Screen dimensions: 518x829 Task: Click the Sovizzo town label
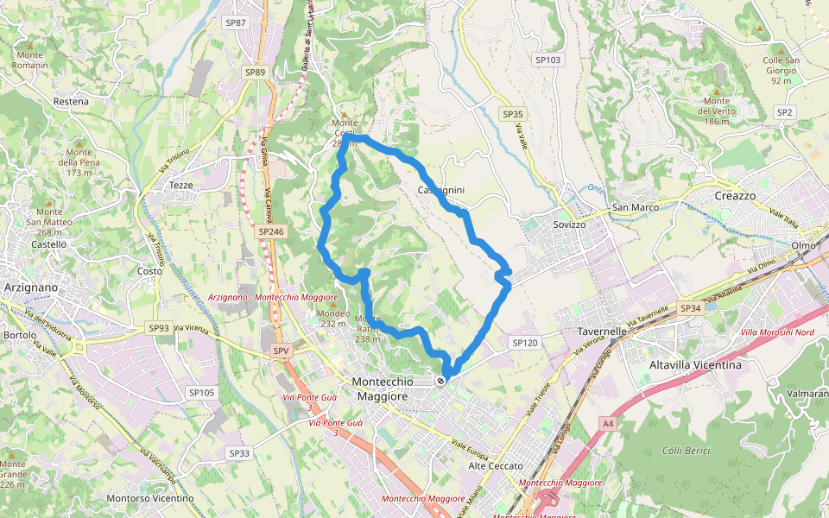570,224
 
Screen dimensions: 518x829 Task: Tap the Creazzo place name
735,196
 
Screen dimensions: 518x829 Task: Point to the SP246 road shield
271,231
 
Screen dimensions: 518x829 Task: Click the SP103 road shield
547,60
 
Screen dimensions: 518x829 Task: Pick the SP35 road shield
513,114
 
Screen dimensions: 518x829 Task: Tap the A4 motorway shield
609,423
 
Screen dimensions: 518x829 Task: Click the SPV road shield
281,351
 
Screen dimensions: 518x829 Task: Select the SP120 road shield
524,343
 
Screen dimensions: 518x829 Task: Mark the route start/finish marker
441,381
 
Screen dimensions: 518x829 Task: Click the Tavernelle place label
601,332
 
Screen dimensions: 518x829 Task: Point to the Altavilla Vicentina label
695,365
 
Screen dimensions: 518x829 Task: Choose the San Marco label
635,207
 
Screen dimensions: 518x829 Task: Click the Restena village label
71,101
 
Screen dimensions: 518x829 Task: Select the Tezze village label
181,186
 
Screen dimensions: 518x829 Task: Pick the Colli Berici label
686,451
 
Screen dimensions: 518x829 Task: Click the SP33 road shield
239,453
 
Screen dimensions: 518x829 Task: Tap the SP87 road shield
235,22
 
